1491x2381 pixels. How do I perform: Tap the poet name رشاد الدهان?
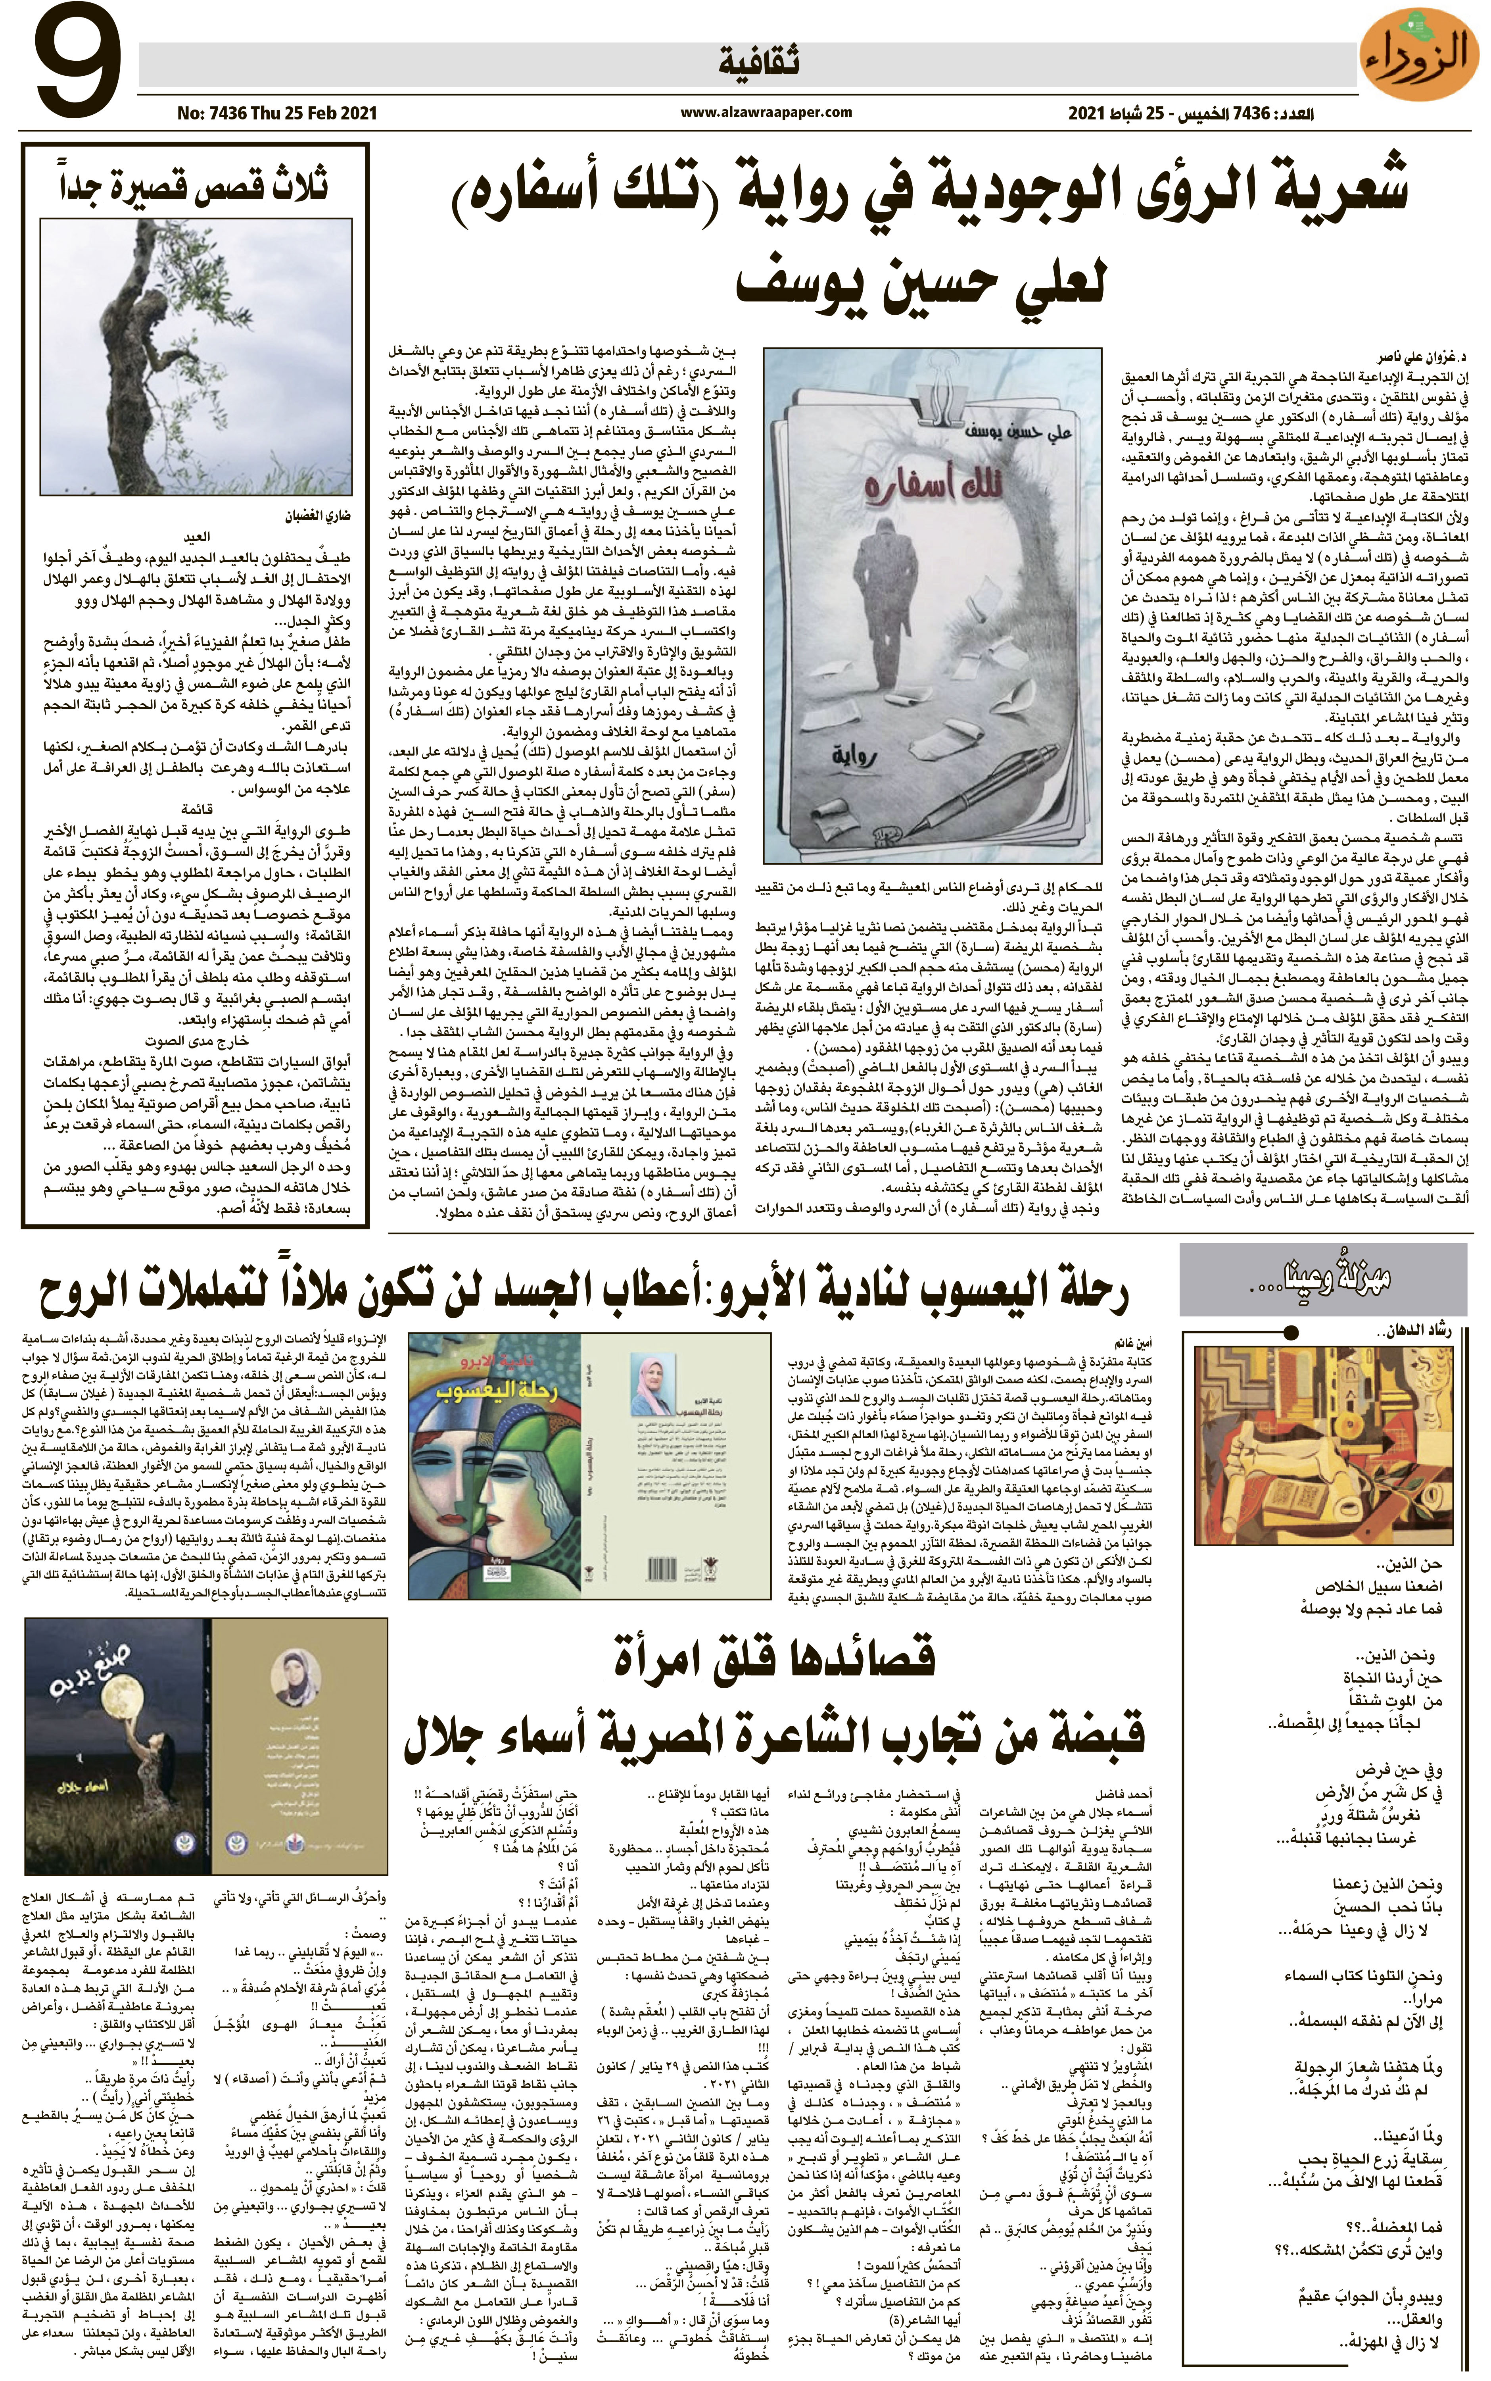click(x=1415, y=1331)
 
